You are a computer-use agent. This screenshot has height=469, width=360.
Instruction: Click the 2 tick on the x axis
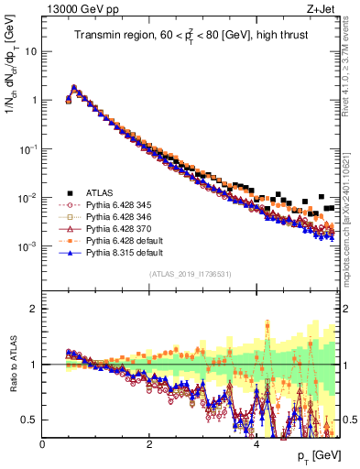[149, 444]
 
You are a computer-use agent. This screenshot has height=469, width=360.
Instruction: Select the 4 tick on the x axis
[256, 444]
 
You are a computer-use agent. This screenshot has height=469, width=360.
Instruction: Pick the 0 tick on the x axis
[43, 444]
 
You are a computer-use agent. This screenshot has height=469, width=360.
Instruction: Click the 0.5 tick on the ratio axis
[31, 420]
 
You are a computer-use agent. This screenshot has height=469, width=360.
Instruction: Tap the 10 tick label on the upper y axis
[30, 51]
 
